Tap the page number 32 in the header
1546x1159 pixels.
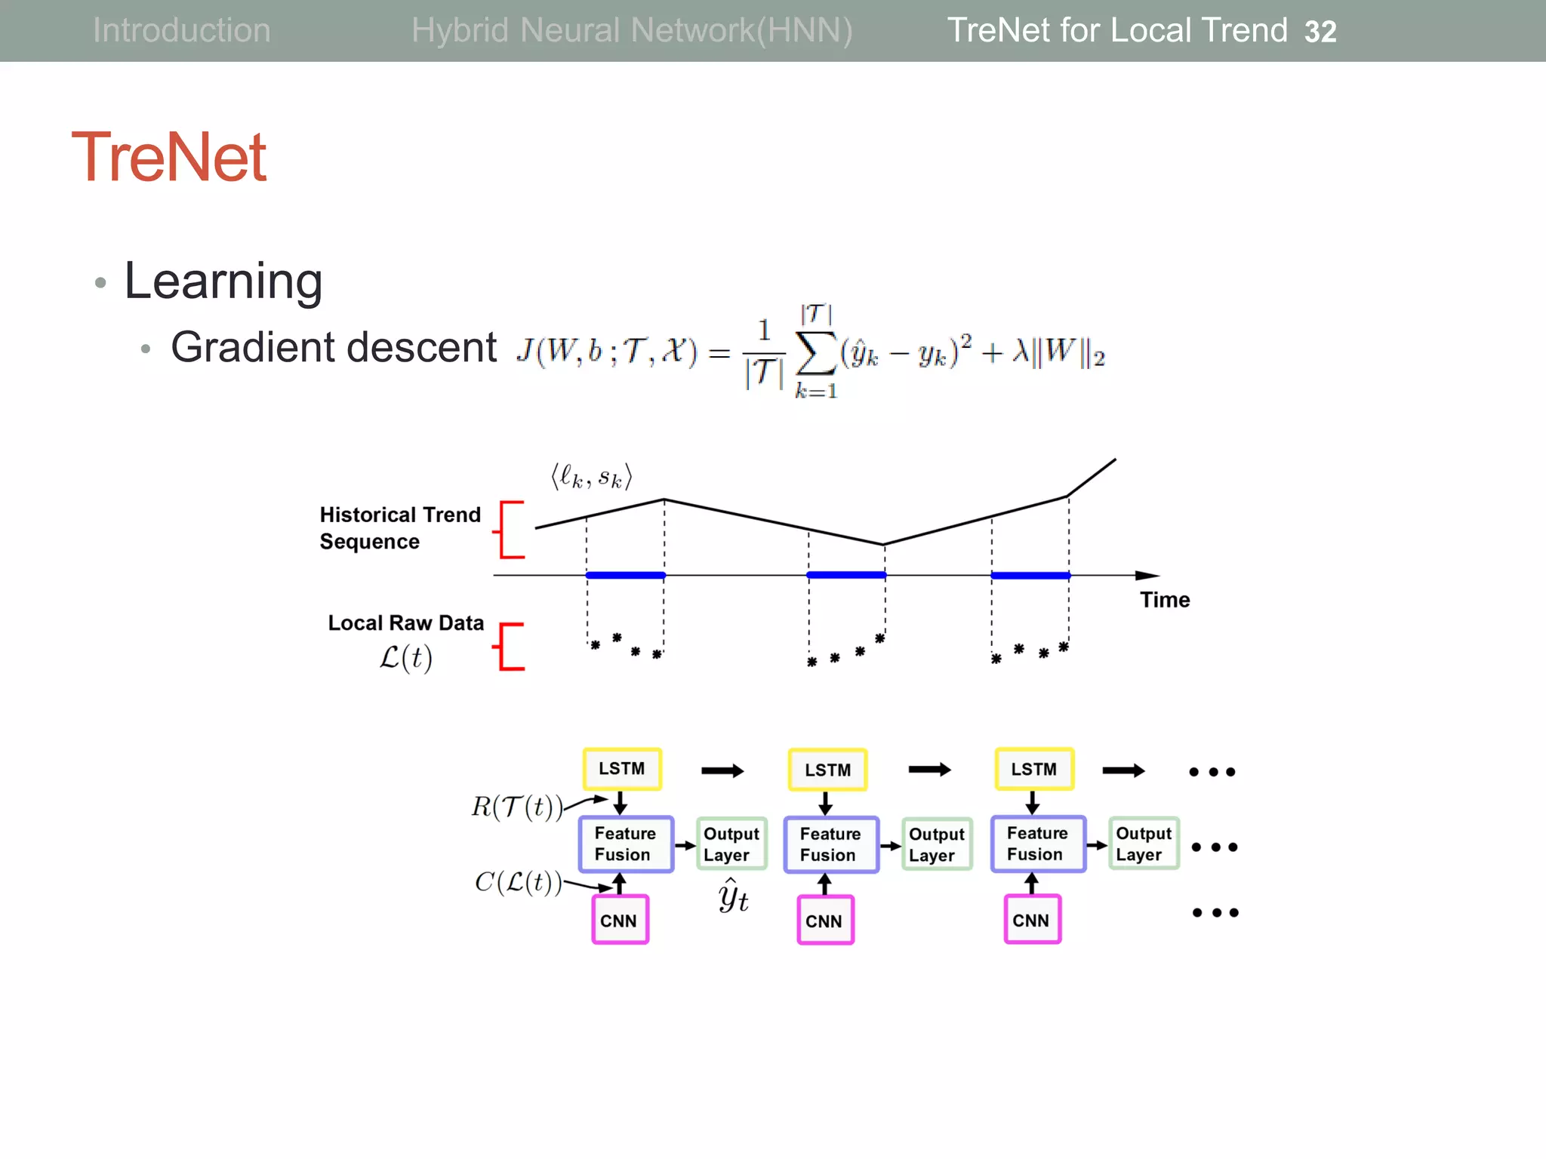(1320, 32)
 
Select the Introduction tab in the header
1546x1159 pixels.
(181, 31)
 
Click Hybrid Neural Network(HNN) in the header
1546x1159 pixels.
(632, 31)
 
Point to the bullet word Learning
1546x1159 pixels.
(223, 281)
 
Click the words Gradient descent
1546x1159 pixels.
(334, 348)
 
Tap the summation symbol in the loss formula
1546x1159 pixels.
(816, 352)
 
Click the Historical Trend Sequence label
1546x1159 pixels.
(399, 528)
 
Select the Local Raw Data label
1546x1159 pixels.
(405, 623)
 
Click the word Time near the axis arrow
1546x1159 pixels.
(1164, 600)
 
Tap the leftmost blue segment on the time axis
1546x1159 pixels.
(625, 576)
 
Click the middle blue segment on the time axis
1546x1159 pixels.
(846, 576)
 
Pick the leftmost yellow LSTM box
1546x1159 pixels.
(622, 769)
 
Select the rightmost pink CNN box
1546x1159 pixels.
(1032, 920)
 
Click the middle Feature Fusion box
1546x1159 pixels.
(830, 844)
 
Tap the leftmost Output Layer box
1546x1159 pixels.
(731, 844)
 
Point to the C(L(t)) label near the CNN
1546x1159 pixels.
(519, 882)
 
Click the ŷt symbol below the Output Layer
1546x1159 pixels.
(733, 896)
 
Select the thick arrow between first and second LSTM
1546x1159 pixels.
(722, 770)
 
